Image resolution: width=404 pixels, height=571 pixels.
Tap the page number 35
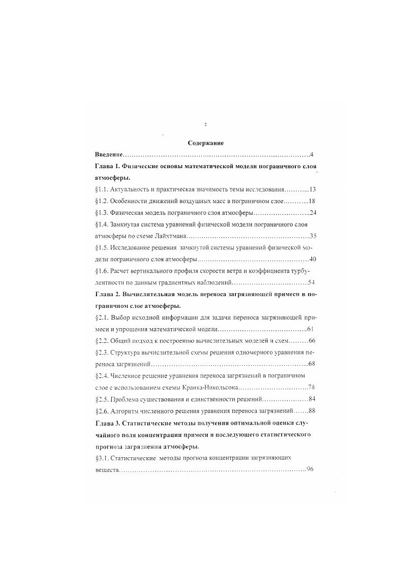pyautogui.click(x=313, y=236)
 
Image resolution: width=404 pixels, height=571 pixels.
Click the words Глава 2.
pyautogui.click(x=107, y=294)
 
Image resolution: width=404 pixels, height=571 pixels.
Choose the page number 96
pyautogui.click(x=309, y=469)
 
